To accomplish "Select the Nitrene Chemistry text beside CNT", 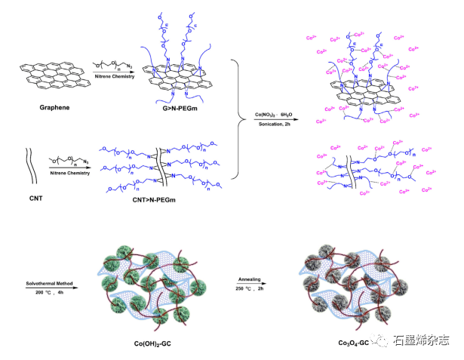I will click(75, 171).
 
